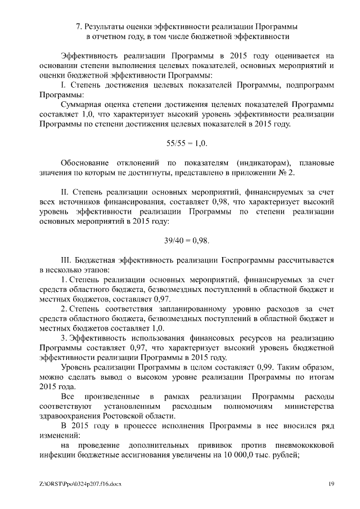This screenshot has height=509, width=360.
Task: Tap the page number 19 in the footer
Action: tap(332, 484)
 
